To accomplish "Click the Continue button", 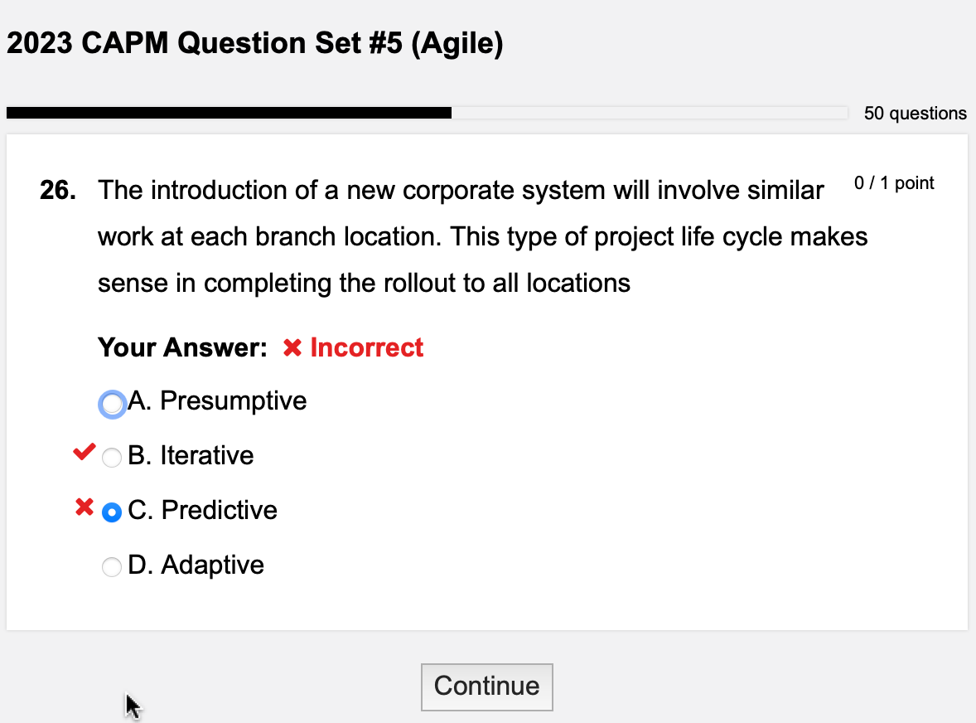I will pos(486,687).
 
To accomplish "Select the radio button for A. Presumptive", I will pos(112,404).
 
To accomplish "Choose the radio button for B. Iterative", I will pos(112,457).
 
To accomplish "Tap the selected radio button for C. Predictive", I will pos(112,512).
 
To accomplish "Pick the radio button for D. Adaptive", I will pos(112,567).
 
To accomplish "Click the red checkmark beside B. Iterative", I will pos(84,453).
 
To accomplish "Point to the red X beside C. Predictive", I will pos(84,507).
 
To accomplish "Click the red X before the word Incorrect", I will pos(292,348).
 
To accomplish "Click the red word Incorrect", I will pos(366,347).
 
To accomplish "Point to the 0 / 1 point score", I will pos(894,183).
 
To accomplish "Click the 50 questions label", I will pos(915,114).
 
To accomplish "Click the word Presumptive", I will pos(233,401).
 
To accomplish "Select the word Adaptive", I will pos(212,565).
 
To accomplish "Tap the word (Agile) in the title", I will pos(457,44).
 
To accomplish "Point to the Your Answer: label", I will pos(182,347).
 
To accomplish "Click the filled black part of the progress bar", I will pos(229,113).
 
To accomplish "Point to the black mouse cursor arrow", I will pos(132,705).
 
